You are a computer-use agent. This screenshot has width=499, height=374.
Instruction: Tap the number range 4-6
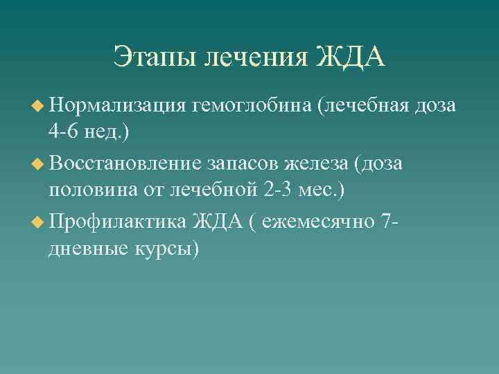coord(64,132)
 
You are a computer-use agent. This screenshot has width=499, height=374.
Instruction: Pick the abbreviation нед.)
coord(107,132)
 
